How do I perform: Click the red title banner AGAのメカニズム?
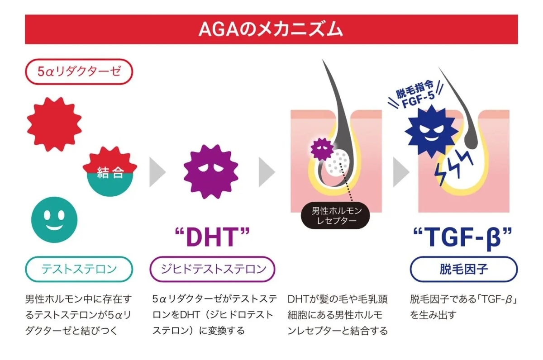(x=271, y=29)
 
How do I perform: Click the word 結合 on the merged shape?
(x=110, y=172)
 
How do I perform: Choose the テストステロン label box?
(x=79, y=270)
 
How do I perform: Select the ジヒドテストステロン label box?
(x=212, y=270)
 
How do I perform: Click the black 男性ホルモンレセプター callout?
(x=334, y=216)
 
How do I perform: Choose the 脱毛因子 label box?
(x=463, y=270)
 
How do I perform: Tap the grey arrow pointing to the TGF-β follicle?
(x=400, y=172)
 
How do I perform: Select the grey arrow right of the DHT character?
(x=267, y=172)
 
